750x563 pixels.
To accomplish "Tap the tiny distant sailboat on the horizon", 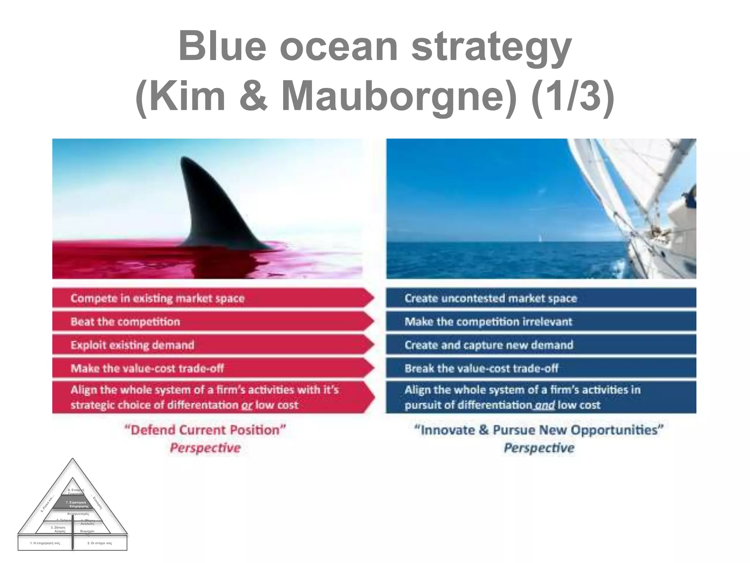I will coord(540,238).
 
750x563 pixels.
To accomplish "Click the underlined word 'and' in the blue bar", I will coord(545,405).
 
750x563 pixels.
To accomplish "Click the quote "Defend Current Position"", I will coord(205,430).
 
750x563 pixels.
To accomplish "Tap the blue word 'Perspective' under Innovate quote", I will coord(539,448).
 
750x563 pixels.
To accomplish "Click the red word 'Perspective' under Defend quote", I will coord(205,448).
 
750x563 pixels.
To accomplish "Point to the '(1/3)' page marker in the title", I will coord(573,96).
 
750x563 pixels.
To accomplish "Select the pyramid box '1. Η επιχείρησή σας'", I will coord(45,543).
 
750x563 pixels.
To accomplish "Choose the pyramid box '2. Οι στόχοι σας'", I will coord(100,543).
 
